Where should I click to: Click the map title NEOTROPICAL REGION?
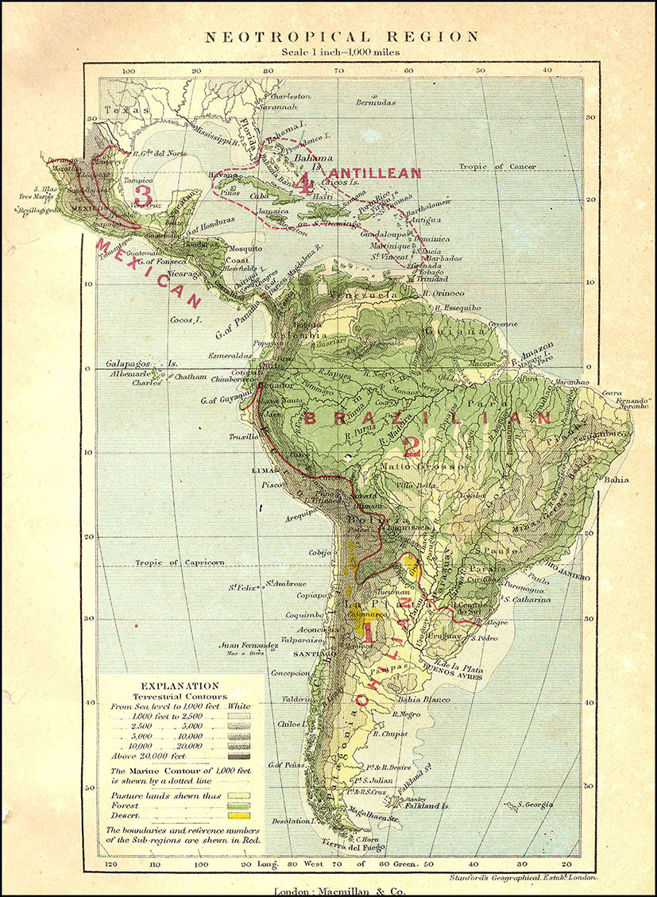tap(342, 37)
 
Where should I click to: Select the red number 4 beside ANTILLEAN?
tap(304, 183)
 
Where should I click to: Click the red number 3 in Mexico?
tap(143, 193)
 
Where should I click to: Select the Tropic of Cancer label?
tap(497, 166)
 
